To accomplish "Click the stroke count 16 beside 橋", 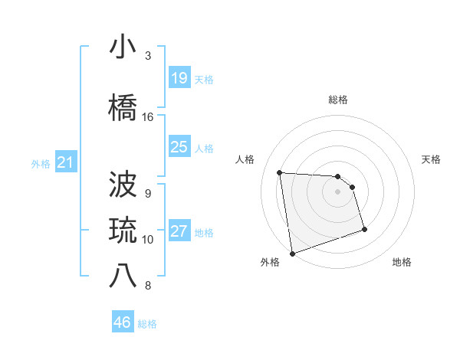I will (x=147, y=117).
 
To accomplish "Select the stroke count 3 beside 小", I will (x=147, y=56).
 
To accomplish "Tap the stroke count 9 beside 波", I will (x=147, y=193).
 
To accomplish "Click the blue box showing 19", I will (x=179, y=77).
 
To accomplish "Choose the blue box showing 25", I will (x=179, y=147).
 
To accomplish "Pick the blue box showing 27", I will (x=179, y=231).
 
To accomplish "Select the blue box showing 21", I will (x=66, y=162).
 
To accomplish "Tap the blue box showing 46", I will (x=123, y=322).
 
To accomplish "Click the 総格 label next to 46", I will (x=147, y=324).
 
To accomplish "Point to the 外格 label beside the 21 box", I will (x=41, y=164).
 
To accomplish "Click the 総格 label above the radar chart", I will (x=338, y=100).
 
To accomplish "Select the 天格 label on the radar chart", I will (x=432, y=159).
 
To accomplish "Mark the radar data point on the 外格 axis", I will (x=291, y=252).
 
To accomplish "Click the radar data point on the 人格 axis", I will (x=279, y=172).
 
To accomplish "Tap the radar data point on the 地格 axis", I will (x=364, y=229).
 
